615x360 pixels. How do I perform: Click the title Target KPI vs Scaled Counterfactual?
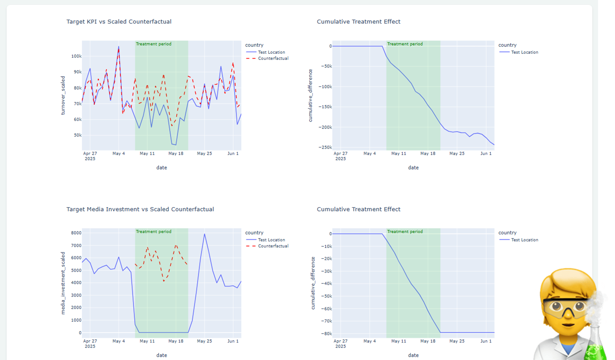click(119, 21)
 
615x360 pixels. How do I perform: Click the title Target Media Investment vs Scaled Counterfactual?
click(140, 209)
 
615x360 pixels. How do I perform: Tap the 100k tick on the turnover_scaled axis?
click(76, 56)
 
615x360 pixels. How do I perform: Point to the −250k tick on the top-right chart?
click(325, 147)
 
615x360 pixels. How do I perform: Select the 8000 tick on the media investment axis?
click(76, 233)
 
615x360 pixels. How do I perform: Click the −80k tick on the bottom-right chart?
click(326, 333)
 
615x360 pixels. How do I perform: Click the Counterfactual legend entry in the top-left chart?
click(273, 58)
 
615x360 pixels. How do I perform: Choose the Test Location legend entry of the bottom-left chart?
click(271, 240)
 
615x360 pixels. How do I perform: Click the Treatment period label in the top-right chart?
click(405, 44)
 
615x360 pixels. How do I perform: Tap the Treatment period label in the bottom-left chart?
click(154, 231)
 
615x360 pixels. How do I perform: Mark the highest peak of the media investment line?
click(204, 234)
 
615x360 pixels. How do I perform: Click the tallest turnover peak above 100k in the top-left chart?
click(119, 47)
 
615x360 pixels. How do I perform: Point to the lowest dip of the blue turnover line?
click(176, 145)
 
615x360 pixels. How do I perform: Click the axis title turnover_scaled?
click(63, 95)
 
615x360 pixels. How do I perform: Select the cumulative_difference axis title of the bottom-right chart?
click(313, 283)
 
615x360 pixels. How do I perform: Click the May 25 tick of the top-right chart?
click(457, 153)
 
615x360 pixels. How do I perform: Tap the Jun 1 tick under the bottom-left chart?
click(233, 341)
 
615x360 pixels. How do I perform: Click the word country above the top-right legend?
click(507, 45)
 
